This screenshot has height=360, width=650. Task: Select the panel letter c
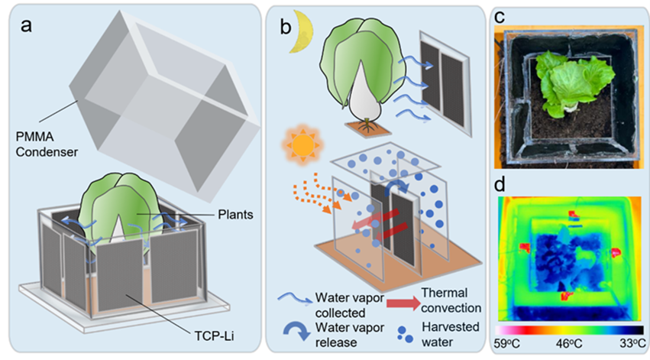pyautogui.click(x=500, y=16)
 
